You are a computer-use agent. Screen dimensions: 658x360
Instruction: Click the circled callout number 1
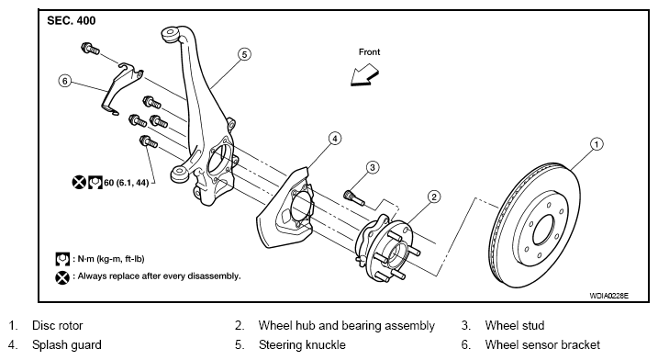pyautogui.click(x=597, y=144)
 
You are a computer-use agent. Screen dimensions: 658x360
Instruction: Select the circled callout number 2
pyautogui.click(x=434, y=197)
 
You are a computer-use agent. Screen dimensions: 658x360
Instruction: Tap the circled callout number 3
pyautogui.click(x=373, y=168)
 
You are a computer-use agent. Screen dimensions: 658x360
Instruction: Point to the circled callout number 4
pyautogui.click(x=334, y=138)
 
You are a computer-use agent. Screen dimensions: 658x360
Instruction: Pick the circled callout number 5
pyautogui.click(x=244, y=54)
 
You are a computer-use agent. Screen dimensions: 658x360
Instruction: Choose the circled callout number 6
pyautogui.click(x=64, y=81)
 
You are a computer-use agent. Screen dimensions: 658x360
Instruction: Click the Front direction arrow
pyautogui.click(x=364, y=75)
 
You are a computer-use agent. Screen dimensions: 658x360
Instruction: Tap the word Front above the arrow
pyautogui.click(x=369, y=52)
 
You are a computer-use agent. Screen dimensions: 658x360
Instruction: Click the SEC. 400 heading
pyautogui.click(x=72, y=20)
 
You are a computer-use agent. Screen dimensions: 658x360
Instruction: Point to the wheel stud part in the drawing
pyautogui.click(x=353, y=197)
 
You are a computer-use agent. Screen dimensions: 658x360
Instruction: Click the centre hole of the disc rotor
pyautogui.click(x=544, y=230)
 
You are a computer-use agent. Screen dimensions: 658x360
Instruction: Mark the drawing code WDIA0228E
pyautogui.click(x=608, y=296)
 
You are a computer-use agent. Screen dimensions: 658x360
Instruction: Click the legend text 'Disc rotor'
pyautogui.click(x=58, y=325)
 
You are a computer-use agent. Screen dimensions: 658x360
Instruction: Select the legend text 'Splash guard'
pyautogui.click(x=67, y=345)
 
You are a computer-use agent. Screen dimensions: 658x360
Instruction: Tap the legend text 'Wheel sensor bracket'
pyautogui.click(x=542, y=345)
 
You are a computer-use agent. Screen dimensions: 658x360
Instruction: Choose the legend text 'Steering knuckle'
pyautogui.click(x=302, y=345)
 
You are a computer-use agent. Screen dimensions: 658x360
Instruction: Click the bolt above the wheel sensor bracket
pyautogui.click(x=90, y=49)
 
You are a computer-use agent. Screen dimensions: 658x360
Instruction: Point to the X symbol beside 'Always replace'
pyautogui.click(x=62, y=277)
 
